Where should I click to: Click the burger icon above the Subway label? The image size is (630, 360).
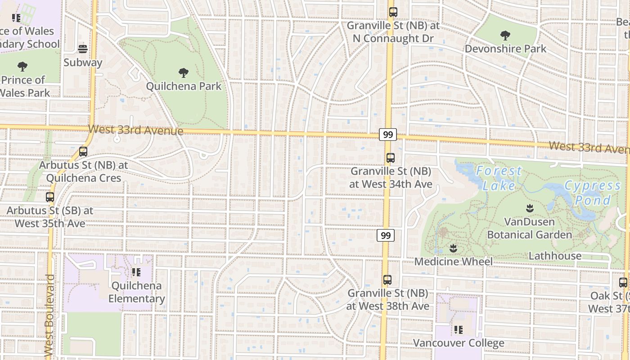point(82,49)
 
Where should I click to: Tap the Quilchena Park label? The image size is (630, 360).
point(184,86)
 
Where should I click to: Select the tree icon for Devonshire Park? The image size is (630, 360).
point(505,36)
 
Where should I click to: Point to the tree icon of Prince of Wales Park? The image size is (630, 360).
point(22,67)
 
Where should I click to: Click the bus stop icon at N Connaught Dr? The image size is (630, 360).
point(393,12)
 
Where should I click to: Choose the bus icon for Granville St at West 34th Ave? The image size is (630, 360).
point(390,158)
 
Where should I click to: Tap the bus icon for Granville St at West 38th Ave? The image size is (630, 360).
point(387,280)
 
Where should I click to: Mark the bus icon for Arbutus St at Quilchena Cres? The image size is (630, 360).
point(83,152)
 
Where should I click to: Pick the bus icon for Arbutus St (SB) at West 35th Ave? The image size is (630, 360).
point(49,197)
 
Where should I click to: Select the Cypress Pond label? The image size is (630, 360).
point(592,193)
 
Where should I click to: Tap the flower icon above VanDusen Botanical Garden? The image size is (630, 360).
point(529,208)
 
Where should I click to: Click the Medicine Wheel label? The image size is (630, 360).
point(453,261)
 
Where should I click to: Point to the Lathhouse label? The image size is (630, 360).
point(554,256)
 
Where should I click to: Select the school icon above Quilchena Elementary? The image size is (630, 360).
point(136,272)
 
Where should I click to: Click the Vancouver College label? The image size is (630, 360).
point(459,343)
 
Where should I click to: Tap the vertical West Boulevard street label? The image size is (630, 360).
point(49,316)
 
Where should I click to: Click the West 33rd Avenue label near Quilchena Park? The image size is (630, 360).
point(135,130)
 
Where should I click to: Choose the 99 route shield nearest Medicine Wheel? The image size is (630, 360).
point(386,235)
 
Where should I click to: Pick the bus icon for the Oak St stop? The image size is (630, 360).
point(623,283)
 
